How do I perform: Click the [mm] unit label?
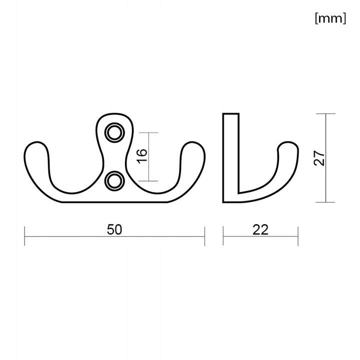click(x=330, y=18)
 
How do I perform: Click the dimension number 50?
click(x=114, y=229)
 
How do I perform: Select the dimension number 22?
click(x=260, y=229)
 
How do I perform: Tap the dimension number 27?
click(x=319, y=158)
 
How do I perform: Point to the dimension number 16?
click(x=142, y=156)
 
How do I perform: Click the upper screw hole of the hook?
click(x=114, y=132)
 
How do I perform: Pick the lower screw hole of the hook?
click(x=114, y=181)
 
